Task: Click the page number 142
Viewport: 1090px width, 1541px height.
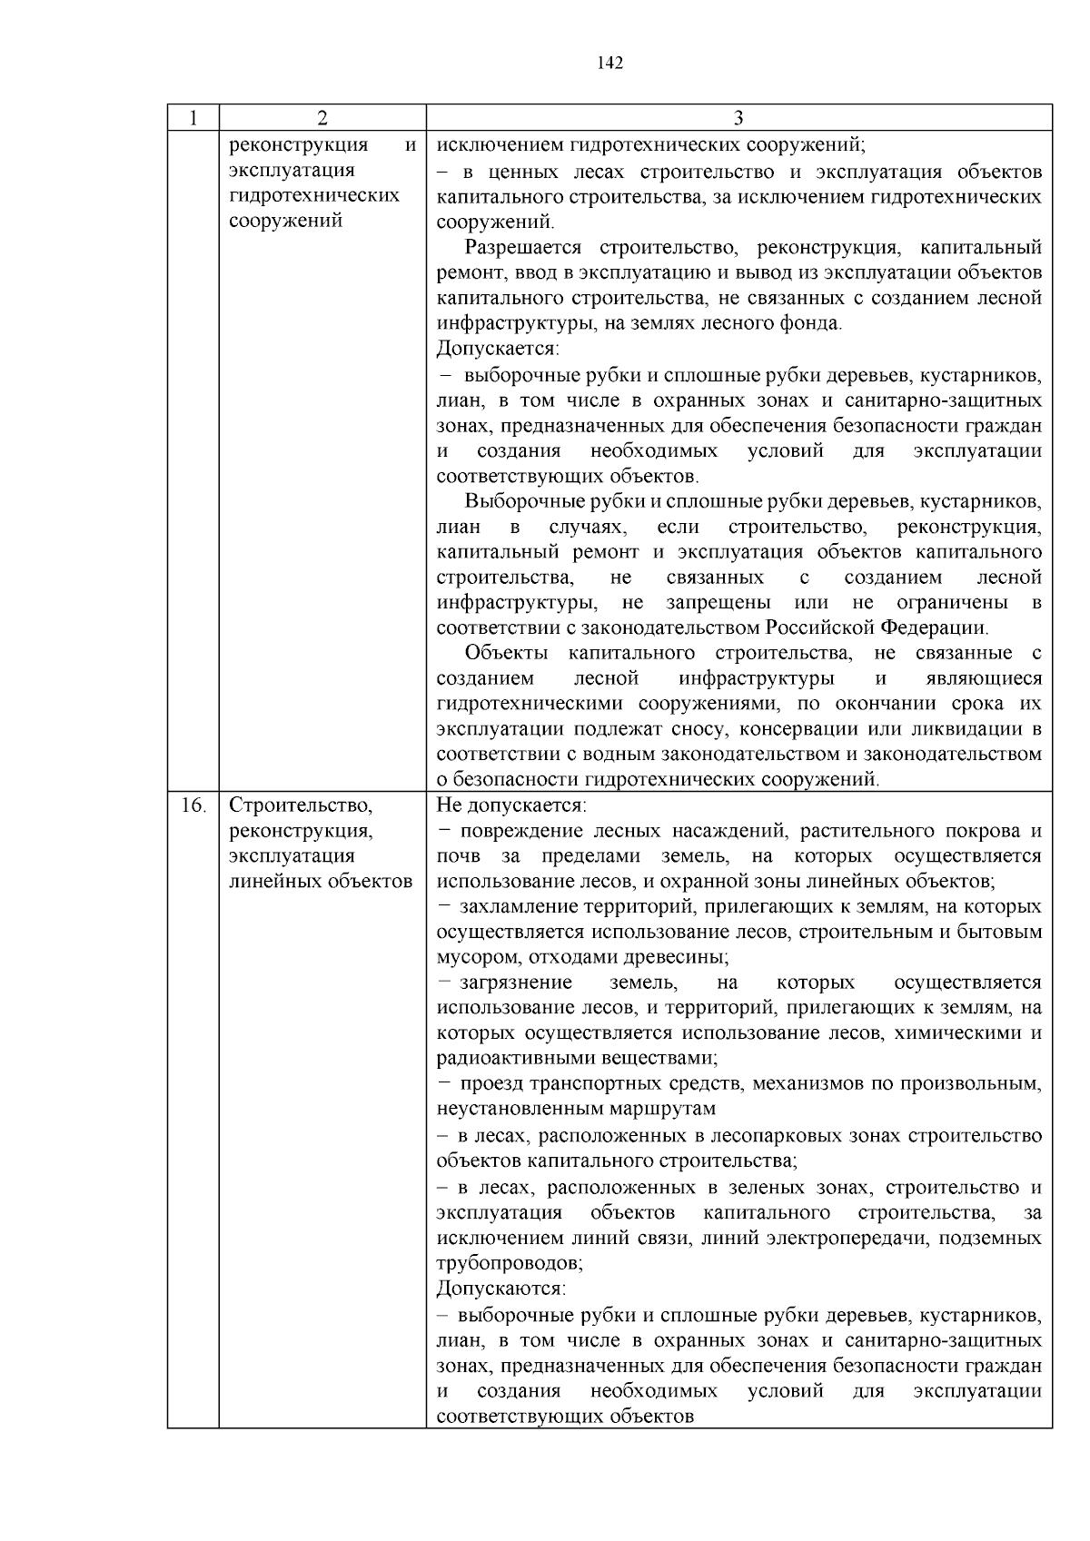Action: coord(609,63)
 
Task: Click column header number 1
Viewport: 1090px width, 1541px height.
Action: coord(193,118)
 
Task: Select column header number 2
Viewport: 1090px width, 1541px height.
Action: coord(322,118)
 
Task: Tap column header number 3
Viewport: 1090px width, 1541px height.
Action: coord(738,118)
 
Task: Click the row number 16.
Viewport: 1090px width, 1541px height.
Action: coord(193,805)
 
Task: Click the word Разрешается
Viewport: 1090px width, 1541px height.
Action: coord(522,249)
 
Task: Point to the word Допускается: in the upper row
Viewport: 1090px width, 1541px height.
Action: coord(498,350)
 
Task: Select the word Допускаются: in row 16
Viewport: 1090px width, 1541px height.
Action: coord(500,1289)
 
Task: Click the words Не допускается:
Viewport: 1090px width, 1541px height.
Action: coord(511,805)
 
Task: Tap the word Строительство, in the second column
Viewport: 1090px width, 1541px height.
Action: coord(301,805)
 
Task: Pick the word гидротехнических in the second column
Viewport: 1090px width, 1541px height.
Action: coord(314,196)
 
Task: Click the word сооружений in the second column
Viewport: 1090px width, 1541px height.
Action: coord(285,221)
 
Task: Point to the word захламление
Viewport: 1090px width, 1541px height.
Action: coord(514,907)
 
